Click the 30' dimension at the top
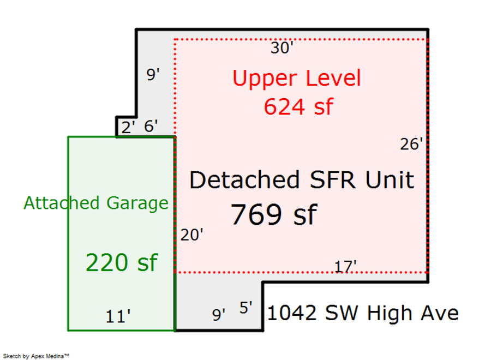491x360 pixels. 282,49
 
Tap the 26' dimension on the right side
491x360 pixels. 411,145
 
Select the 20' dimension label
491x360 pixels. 192,236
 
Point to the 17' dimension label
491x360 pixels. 345,267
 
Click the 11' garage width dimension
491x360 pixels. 118,316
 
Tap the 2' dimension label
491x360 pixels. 128,127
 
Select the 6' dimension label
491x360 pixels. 151,127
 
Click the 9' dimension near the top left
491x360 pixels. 153,75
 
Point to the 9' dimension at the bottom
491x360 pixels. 219,315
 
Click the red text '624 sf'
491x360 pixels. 298,106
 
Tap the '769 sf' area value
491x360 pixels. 273,214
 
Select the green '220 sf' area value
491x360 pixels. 121,263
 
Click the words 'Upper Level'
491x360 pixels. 297,79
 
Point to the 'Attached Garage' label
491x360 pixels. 96,203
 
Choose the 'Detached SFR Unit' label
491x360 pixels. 301,180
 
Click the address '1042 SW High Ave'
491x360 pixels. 363,314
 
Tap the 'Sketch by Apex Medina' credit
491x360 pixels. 38,356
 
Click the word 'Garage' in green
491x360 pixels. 137,203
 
